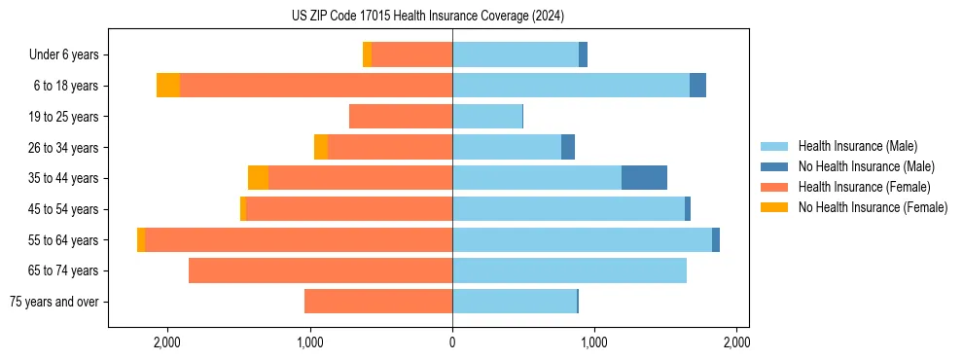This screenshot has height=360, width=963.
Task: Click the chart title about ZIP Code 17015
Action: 427,17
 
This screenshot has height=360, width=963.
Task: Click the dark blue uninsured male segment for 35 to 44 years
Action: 644,178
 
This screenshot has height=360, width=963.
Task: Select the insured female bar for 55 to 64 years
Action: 298,240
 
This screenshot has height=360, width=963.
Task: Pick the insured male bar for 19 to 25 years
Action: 487,117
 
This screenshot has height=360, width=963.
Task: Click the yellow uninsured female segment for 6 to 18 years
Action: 168,86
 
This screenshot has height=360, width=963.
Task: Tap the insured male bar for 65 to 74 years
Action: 569,270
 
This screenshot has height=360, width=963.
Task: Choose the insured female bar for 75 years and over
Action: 378,302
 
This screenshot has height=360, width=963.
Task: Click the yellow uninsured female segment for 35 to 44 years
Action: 258,178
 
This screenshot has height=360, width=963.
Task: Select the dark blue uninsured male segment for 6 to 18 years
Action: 697,86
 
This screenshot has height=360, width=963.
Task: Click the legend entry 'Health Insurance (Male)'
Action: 857,146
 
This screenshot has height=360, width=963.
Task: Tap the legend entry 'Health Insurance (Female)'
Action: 864,187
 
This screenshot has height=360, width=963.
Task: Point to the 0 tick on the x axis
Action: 452,343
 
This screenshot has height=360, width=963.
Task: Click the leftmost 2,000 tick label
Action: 167,343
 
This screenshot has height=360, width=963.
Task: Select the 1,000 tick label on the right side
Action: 594,343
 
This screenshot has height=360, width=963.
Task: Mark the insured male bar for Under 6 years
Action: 516,55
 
